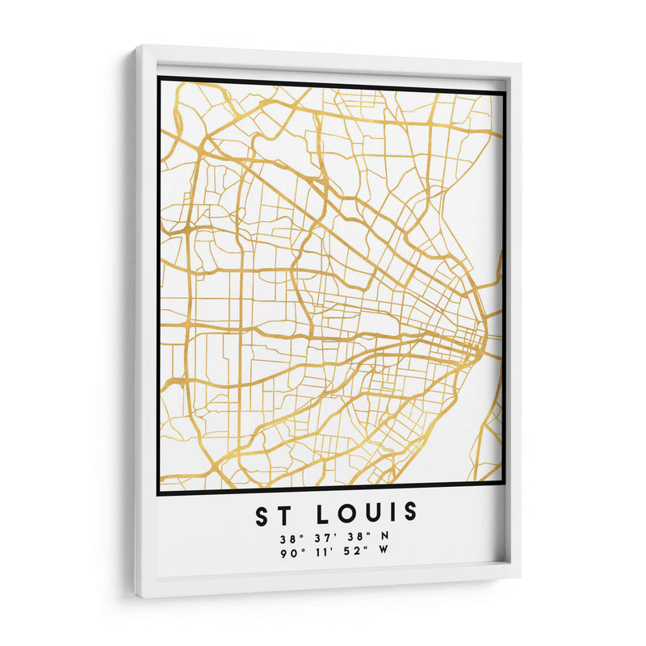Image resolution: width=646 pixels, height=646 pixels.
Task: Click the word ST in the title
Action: point(273,513)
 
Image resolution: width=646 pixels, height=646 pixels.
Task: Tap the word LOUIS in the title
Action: point(372,513)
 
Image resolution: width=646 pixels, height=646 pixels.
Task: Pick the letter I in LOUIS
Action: point(392,513)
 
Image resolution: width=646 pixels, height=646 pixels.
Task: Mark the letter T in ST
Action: point(282,513)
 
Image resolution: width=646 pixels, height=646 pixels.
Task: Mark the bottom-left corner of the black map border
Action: point(159,493)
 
